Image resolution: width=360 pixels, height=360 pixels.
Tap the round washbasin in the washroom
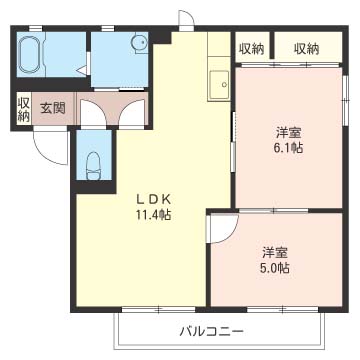tap(134, 45)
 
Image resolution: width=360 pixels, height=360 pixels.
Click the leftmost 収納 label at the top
tap(252, 48)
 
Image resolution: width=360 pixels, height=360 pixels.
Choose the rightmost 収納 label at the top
tap(306, 48)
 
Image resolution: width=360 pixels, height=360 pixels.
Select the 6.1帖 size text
tap(290, 148)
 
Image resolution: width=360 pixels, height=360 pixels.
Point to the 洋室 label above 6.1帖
tap(289, 131)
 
